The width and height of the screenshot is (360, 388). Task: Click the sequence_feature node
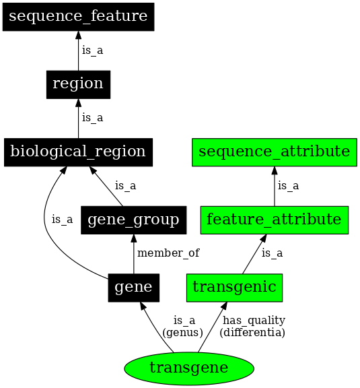click(x=78, y=16)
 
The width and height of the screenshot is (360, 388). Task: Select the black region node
click(x=78, y=84)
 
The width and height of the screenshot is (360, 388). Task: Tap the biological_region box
click(x=78, y=152)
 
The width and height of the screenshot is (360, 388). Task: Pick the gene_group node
click(x=133, y=220)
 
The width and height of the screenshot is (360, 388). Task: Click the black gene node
click(x=133, y=288)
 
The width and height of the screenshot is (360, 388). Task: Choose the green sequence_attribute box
click(x=275, y=152)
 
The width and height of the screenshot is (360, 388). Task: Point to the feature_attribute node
click(x=275, y=220)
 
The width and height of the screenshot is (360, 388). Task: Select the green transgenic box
click(x=234, y=288)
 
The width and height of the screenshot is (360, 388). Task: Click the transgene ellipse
click(x=189, y=368)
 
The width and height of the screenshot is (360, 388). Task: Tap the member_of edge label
click(x=168, y=253)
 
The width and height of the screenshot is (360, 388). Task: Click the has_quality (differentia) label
click(x=254, y=326)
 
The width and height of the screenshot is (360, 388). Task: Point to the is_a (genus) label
click(x=183, y=326)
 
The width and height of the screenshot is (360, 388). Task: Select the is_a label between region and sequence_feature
click(x=92, y=50)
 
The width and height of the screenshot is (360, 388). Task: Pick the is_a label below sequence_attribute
click(x=288, y=186)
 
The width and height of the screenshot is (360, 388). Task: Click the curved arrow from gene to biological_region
click(x=46, y=222)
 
